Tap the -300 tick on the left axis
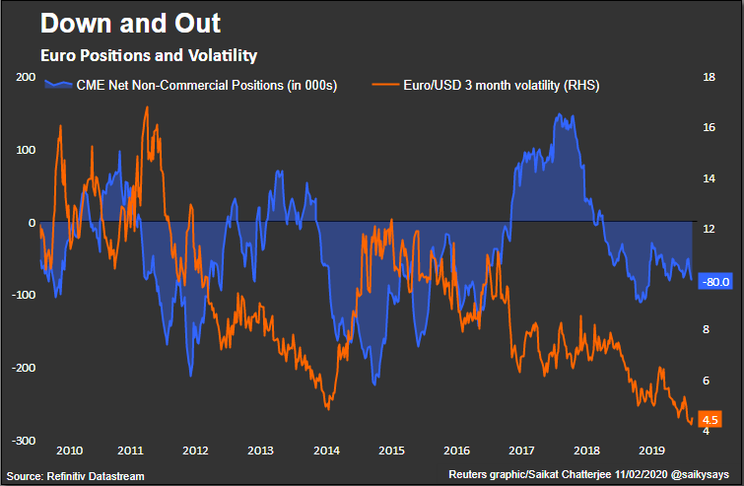pyautogui.click(x=24, y=441)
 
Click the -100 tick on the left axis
pyautogui.click(x=24, y=295)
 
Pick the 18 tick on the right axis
pyautogui.click(x=706, y=77)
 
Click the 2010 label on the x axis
pyautogui.click(x=69, y=451)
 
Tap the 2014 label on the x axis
pyautogui.click(x=325, y=451)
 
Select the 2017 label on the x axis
pyautogui.click(x=520, y=451)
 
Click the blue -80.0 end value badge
pyautogui.click(x=712, y=281)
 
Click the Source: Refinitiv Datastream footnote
pyautogui.click(x=76, y=476)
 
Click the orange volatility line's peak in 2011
pyautogui.click(x=147, y=107)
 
